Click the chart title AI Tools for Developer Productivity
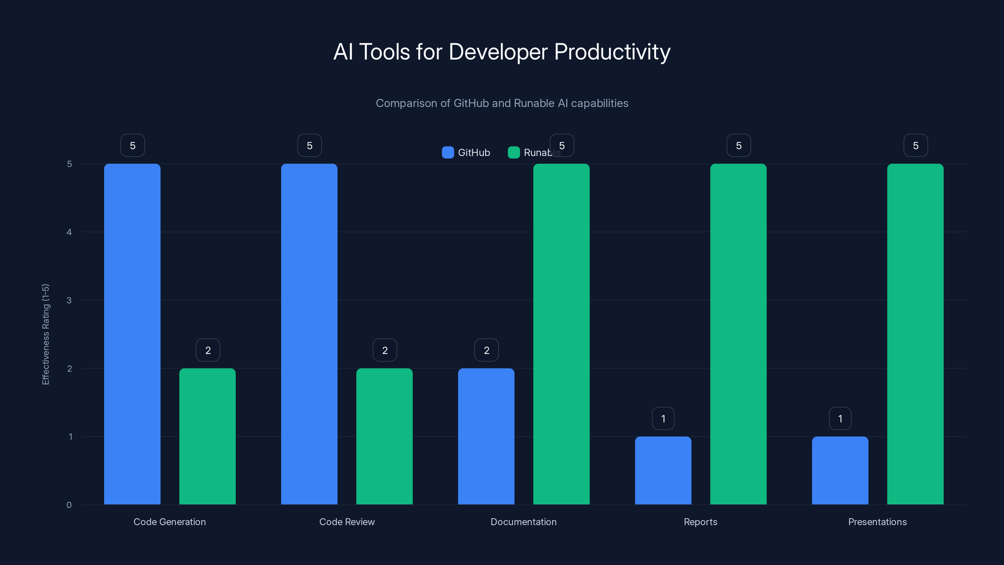tap(502, 52)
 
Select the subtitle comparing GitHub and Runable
tap(502, 103)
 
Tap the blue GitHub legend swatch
tap(448, 153)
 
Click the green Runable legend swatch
tap(514, 153)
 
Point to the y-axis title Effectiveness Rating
tap(45, 334)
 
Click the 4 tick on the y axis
tap(69, 232)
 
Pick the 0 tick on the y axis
tap(69, 505)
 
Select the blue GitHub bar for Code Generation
tap(132, 334)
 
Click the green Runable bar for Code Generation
tap(207, 436)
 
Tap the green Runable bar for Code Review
tap(384, 436)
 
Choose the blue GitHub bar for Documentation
tap(486, 436)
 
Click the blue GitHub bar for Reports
tap(663, 470)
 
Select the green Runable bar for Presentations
tap(915, 334)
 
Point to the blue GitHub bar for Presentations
tap(840, 470)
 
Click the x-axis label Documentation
tap(523, 522)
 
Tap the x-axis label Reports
tap(700, 522)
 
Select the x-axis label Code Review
tap(347, 522)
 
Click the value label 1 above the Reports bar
tap(663, 419)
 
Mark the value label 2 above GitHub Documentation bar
tap(486, 350)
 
